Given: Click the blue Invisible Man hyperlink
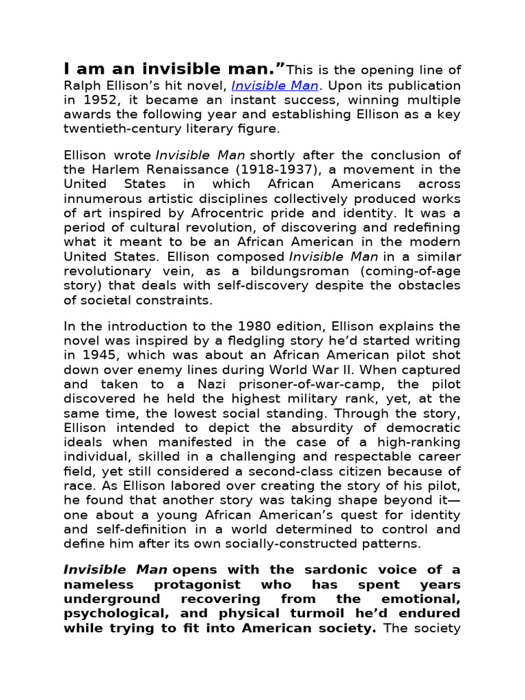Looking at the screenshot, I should click(x=275, y=86).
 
